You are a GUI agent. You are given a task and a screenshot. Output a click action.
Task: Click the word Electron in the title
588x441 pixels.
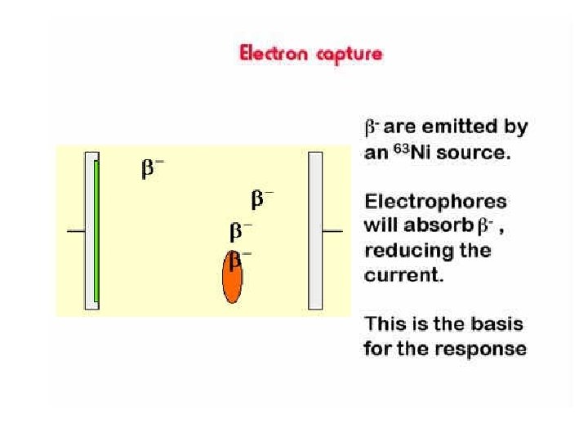(273, 55)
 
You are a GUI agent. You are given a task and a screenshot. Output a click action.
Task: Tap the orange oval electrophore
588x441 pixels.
(233, 278)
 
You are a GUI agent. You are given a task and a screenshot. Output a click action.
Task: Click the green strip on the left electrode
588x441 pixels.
(96, 230)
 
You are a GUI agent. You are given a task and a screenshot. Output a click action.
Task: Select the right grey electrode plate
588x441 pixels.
(315, 231)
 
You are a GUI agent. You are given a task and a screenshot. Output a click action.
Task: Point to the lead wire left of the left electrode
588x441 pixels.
(75, 231)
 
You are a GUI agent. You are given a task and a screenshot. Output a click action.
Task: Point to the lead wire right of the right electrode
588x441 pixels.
(332, 231)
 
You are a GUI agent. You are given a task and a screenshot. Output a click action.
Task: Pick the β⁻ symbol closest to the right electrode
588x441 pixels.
(262, 198)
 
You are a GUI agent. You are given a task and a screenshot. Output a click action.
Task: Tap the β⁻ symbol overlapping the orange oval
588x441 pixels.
(239, 260)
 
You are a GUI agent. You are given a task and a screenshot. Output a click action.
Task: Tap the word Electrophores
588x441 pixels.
(435, 201)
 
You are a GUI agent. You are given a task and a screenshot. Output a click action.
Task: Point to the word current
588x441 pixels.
(403, 274)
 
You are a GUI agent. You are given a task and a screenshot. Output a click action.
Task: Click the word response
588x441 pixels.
(483, 350)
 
